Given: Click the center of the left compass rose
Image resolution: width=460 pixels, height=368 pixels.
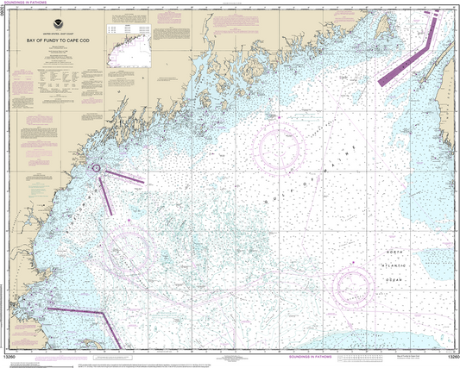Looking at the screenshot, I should tap(127, 249).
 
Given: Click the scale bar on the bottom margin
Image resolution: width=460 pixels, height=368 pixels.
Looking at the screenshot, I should tap(362, 355).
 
